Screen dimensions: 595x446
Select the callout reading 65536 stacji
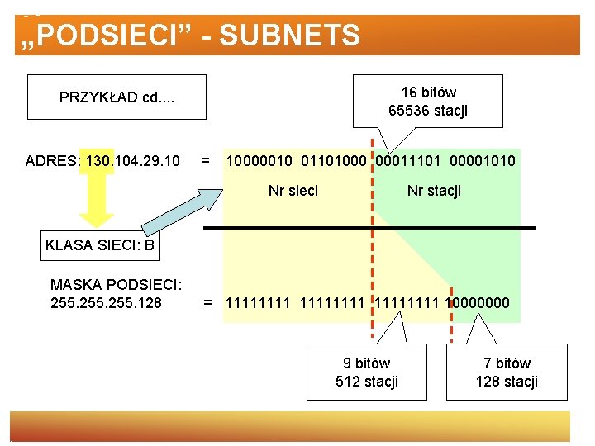coord(427,101)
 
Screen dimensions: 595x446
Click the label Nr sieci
coord(293,191)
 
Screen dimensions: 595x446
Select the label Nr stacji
coord(434,191)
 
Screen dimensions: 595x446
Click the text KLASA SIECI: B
coord(100,244)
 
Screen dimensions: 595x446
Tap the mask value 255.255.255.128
coord(106,303)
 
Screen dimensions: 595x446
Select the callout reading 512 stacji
coord(367,372)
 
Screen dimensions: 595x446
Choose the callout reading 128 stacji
coord(507,372)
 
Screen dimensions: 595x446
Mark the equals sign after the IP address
coord(206,159)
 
